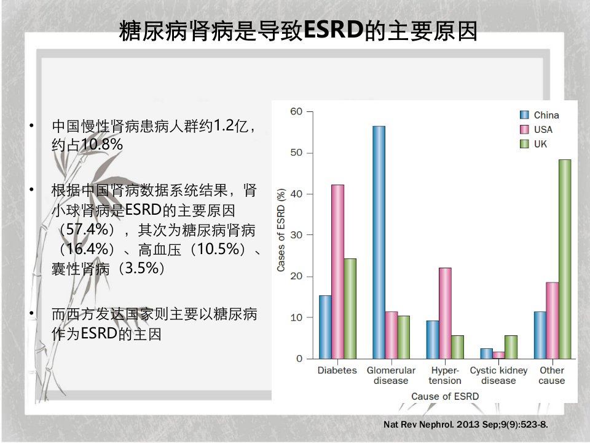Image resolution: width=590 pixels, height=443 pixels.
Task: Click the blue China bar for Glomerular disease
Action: point(379,242)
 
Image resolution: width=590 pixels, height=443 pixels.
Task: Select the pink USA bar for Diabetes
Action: point(337,271)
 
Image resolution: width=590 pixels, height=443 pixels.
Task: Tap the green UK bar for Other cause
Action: point(565,259)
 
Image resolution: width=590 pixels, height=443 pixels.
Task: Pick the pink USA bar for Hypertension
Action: point(445,313)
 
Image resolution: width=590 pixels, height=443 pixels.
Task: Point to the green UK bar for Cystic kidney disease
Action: point(511,347)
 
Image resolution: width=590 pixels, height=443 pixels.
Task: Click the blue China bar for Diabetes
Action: point(325,327)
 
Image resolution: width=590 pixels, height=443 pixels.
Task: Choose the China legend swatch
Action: point(524,115)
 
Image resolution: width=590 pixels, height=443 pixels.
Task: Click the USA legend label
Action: point(543,130)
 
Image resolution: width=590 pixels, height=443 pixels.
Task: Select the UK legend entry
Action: point(533,144)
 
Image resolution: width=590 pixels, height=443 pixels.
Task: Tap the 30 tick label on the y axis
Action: point(296,235)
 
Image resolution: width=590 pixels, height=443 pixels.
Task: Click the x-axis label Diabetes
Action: point(337,370)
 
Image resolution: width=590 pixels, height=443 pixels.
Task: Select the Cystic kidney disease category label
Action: point(498,375)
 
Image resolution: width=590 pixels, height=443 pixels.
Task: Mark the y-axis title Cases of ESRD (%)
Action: point(281,229)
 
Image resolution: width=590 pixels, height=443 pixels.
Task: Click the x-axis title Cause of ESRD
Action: point(445,396)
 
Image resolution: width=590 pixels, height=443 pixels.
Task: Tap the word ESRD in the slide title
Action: point(333,30)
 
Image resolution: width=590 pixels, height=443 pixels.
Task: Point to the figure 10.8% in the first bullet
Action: point(101,144)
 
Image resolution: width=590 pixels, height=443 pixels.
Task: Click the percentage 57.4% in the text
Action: point(87,229)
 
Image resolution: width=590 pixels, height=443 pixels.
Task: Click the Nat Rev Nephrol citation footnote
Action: point(465,425)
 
